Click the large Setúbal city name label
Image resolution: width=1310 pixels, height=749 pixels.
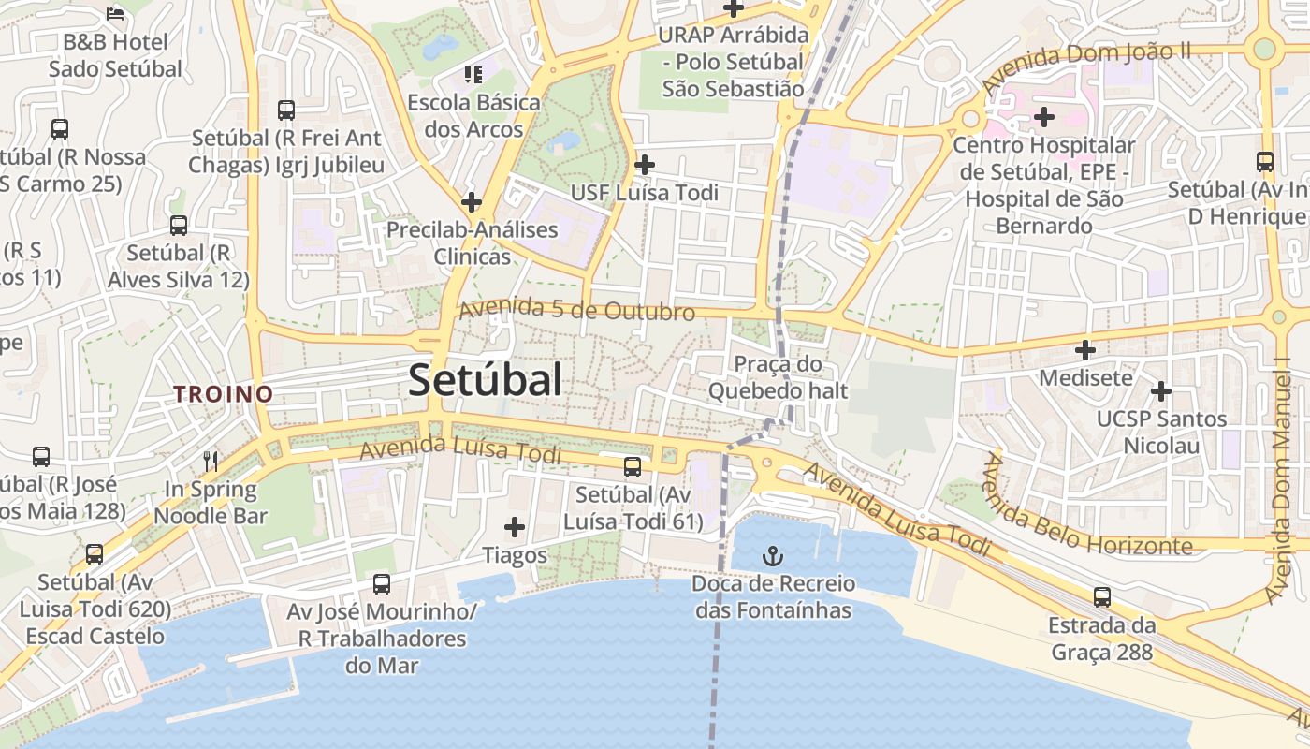coord(486,380)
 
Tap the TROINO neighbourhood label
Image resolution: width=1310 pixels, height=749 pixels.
coord(223,394)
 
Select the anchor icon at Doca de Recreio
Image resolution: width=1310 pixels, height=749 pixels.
coord(773,557)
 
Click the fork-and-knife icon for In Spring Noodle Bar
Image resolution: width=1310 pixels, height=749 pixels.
coord(211,461)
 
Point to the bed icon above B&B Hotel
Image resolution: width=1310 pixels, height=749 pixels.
coord(115,13)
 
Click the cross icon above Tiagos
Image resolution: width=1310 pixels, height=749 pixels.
coord(515,527)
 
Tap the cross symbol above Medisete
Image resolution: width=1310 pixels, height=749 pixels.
coord(1085,350)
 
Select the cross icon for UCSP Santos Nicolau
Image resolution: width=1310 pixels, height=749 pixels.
coord(1161,390)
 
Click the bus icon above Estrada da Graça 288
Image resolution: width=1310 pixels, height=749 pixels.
coord(1102,596)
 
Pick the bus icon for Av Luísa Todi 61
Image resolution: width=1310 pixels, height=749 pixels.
coord(633,466)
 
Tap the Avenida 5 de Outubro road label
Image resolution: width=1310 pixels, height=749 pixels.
coord(576,309)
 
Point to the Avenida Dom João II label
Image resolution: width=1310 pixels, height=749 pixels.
coord(1085,66)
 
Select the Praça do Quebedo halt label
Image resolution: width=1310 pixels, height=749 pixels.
coord(778,376)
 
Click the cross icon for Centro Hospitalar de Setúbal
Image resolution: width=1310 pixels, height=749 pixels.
coord(1044,117)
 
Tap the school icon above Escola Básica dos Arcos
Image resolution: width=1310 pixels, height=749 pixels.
coord(473,74)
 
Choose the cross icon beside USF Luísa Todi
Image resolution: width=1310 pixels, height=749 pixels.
coord(644,165)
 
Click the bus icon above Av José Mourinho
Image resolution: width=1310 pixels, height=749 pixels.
coord(382,584)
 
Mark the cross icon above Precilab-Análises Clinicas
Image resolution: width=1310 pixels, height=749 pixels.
coord(472,201)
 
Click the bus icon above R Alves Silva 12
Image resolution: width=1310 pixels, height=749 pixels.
coord(179,225)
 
